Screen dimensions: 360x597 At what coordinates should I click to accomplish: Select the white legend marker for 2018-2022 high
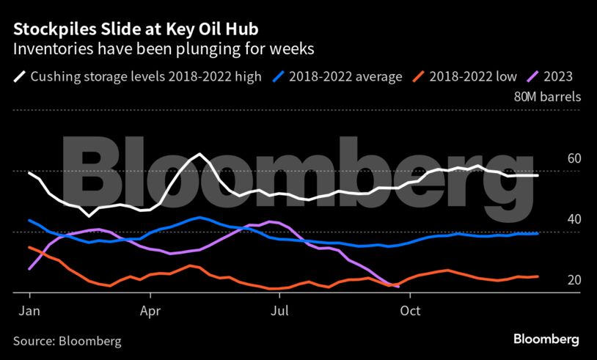19,76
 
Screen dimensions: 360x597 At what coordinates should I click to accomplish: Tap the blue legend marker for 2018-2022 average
279,76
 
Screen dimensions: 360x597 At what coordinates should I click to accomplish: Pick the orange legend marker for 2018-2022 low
418,76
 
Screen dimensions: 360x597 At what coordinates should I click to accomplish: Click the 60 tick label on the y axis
574,158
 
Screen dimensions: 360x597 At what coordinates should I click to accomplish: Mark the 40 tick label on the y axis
574,219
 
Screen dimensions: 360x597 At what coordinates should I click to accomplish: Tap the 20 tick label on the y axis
574,280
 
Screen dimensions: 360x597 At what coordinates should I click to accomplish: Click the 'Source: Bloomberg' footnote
67,341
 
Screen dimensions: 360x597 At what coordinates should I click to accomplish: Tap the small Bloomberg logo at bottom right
546,339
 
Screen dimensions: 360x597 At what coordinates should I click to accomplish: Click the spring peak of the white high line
199,154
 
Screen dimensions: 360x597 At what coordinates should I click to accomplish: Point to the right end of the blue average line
538,233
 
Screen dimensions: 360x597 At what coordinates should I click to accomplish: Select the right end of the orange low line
538,276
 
